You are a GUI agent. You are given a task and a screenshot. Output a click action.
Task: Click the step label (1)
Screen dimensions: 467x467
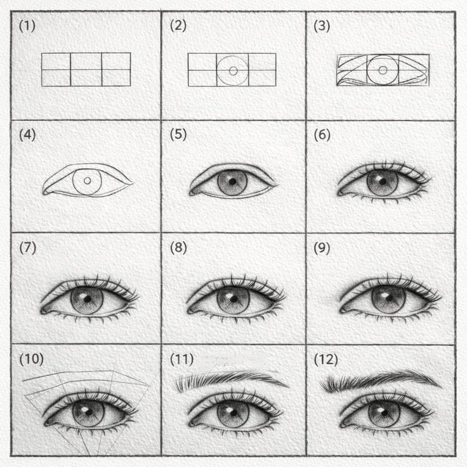pyautogui.click(x=27, y=26)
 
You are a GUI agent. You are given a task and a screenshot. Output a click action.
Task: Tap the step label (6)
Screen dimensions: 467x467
pyautogui.click(x=322, y=135)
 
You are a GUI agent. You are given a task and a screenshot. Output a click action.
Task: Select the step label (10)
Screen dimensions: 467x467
pyautogui.click(x=31, y=359)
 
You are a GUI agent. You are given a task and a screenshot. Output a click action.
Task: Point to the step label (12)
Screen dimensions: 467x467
pyautogui.click(x=326, y=360)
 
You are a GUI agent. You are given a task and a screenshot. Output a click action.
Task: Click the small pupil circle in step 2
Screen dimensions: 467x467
pyautogui.click(x=233, y=71)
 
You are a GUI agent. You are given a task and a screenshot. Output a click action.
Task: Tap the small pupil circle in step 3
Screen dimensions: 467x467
pyautogui.click(x=383, y=70)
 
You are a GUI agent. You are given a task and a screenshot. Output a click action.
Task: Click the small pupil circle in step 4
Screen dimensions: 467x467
pyautogui.click(x=88, y=180)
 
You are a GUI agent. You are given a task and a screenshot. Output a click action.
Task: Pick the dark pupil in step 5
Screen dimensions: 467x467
pyautogui.click(x=233, y=181)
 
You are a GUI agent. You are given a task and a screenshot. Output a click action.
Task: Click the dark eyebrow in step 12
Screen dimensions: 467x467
pyautogui.click(x=381, y=379)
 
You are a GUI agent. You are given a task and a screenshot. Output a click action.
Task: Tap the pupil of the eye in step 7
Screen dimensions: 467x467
pyautogui.click(x=88, y=299)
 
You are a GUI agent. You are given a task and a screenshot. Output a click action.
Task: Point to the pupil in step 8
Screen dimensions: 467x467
pyautogui.click(x=233, y=299)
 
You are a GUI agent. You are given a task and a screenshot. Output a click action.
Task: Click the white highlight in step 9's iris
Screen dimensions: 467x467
pyautogui.click(x=385, y=295)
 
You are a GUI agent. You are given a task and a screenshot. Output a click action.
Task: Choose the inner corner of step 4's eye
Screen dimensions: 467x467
pyautogui.click(x=44, y=192)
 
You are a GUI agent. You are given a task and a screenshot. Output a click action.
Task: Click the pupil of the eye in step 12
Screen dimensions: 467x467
pyautogui.click(x=385, y=413)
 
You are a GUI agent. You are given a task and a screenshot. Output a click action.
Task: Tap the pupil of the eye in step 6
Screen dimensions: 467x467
pyautogui.click(x=383, y=181)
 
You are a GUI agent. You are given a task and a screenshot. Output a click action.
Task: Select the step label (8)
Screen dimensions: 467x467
pyautogui.click(x=178, y=248)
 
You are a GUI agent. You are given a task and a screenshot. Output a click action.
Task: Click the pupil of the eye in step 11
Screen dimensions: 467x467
pyautogui.click(x=233, y=413)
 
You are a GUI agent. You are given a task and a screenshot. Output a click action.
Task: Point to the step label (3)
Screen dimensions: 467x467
pyautogui.click(x=322, y=26)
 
